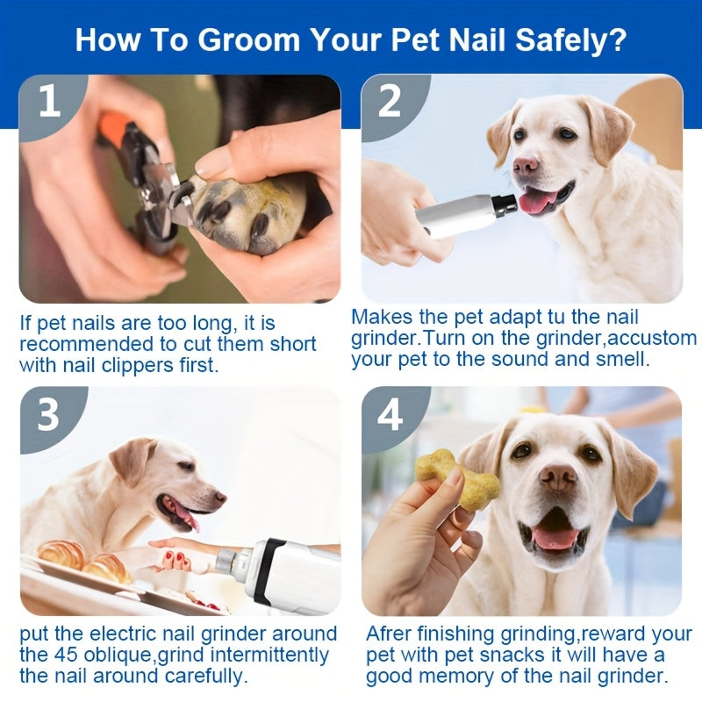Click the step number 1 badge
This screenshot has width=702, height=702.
49,101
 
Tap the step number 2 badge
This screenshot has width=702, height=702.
389,101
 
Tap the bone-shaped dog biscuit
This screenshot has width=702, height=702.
456,479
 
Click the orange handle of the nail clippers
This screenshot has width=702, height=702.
115,129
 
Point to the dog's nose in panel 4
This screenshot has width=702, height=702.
558,476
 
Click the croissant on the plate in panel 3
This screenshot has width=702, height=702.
61,555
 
